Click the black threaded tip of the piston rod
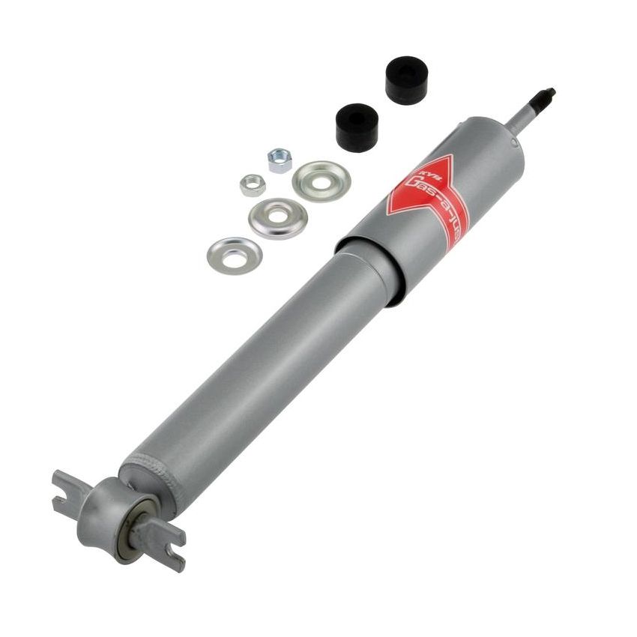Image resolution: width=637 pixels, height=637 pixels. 545,96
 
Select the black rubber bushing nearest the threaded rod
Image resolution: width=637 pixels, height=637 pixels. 406,78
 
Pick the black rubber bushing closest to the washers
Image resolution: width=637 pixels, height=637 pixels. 357,127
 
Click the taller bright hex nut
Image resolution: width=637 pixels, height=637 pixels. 280,160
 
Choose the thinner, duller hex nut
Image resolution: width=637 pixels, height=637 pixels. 253,184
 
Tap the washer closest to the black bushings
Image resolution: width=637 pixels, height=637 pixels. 321,180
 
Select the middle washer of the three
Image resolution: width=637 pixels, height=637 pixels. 278,217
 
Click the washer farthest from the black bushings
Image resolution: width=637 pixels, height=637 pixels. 235,256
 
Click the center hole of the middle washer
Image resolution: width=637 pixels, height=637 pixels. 278,217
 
